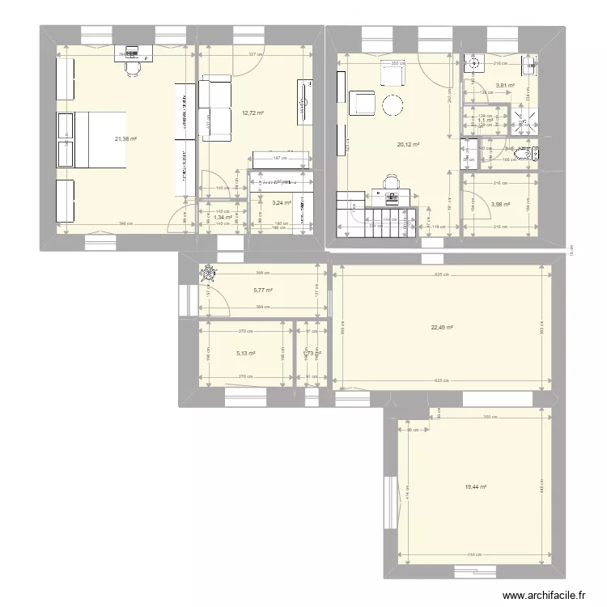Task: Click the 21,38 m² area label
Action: (x=125, y=139)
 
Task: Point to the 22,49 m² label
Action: (x=441, y=328)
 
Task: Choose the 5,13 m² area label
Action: (x=246, y=353)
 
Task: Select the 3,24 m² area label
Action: (x=282, y=203)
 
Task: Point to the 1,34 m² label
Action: (x=223, y=217)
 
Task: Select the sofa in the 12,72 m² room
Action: (x=214, y=108)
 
